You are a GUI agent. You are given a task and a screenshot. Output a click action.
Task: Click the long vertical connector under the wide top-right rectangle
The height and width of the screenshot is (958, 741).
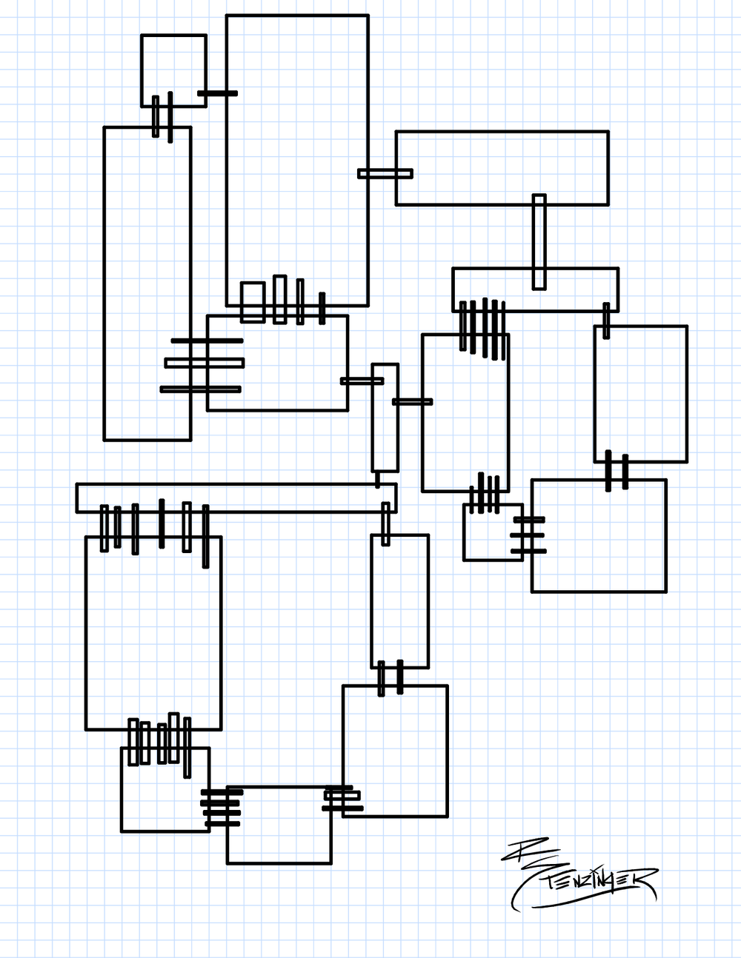pos(539,241)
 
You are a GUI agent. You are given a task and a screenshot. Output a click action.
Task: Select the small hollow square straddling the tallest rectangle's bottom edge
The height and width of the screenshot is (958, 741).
pos(253,301)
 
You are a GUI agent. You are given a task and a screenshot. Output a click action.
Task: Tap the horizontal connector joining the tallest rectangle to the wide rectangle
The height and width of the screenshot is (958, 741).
pos(385,174)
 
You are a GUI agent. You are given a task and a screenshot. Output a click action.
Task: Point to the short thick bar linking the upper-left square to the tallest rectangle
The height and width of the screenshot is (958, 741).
pos(217,93)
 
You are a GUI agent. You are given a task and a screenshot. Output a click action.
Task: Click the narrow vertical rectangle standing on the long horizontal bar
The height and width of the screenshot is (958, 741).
pos(385,417)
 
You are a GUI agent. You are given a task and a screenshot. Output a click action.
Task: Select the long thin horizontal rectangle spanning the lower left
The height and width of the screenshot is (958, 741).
pos(236,498)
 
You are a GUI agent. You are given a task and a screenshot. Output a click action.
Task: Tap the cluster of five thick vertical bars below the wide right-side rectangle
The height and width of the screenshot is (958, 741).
pos(482,326)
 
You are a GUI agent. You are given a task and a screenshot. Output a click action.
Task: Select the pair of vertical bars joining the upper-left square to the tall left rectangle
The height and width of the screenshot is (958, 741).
pos(163,117)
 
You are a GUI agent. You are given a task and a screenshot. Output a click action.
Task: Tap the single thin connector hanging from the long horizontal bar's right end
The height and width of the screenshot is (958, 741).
pos(385,523)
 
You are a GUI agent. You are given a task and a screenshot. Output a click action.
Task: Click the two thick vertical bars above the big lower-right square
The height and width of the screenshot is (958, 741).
pos(617,471)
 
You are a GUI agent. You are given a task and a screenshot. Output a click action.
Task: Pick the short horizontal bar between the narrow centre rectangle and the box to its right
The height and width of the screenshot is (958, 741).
pos(412,402)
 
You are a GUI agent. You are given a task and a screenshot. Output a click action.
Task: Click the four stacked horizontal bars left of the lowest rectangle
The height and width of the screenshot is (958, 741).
pos(222,808)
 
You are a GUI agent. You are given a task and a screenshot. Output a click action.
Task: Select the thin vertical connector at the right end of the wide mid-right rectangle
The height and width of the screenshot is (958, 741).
pos(606,320)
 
